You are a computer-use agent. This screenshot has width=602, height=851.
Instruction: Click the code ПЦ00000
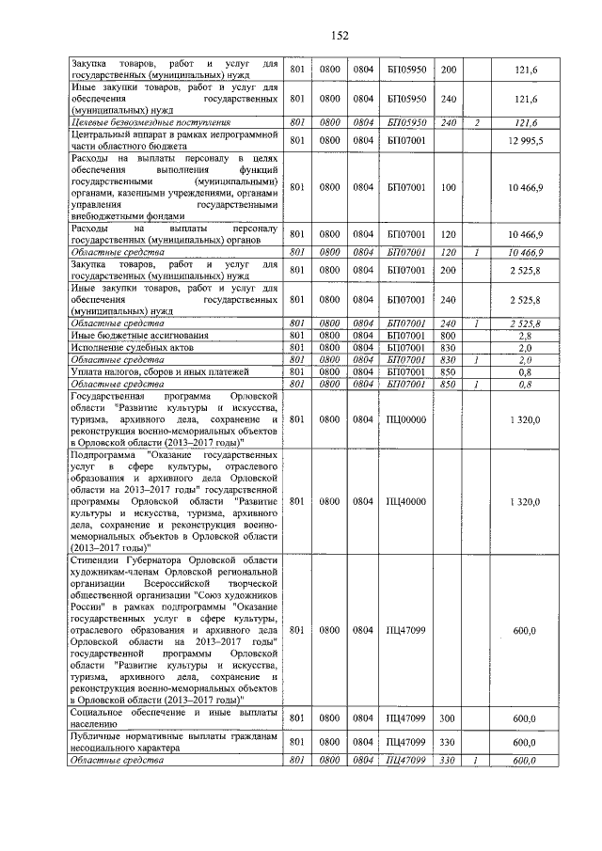point(406,420)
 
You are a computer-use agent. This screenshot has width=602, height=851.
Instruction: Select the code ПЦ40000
point(406,502)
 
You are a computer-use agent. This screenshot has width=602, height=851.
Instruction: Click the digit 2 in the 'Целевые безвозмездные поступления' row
point(477,122)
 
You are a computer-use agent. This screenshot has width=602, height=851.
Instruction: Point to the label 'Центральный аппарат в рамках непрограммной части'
point(175,140)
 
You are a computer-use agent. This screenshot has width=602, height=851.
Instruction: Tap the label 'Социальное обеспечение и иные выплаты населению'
point(175,718)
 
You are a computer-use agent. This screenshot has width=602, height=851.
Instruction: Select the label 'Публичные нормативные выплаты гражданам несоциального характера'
point(175,742)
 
